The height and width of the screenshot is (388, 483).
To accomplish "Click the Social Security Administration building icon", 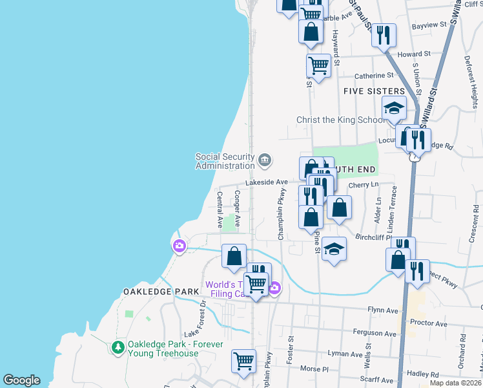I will (x=264, y=160).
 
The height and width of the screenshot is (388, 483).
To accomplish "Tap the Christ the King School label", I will (x=340, y=120).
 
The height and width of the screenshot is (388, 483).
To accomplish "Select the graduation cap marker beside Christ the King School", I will (x=394, y=108).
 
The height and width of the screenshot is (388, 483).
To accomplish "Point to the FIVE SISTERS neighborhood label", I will (x=374, y=91).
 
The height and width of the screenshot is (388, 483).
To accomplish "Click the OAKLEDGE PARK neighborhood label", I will (x=161, y=292).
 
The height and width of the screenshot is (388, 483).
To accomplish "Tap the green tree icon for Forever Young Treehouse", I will (x=118, y=348).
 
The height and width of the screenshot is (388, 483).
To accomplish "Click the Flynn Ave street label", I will (x=384, y=310).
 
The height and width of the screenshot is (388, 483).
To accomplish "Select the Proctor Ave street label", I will (x=428, y=323).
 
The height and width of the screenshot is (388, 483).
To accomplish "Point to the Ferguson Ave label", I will (x=375, y=332).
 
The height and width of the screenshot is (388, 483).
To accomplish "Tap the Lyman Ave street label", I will (x=345, y=354).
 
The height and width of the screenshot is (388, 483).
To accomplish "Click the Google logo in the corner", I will (x=21, y=380).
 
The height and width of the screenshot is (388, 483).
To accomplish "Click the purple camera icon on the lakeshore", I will (x=179, y=246).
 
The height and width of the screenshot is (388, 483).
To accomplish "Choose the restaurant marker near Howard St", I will (x=384, y=35).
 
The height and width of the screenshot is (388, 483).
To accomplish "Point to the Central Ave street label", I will (x=220, y=210).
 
